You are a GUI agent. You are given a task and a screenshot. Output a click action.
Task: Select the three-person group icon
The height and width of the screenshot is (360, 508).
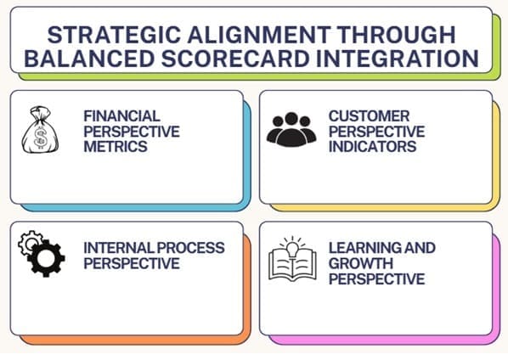coord(290,129)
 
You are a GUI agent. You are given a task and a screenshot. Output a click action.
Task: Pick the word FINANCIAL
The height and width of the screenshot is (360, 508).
coord(121,116)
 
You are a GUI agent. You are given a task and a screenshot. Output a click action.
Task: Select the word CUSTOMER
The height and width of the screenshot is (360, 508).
coord(368,116)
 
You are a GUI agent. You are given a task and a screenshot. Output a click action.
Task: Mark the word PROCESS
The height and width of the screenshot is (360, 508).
coord(189,248)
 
